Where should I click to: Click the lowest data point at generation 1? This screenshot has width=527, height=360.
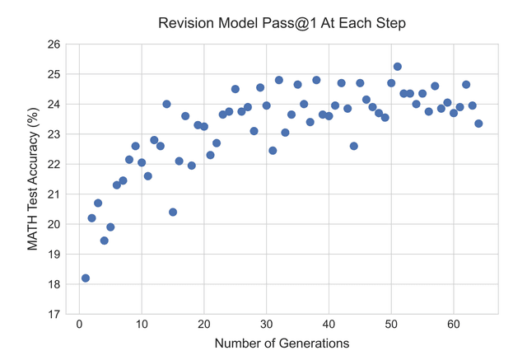coord(86,278)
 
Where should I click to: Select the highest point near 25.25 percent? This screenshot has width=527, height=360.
coord(398,67)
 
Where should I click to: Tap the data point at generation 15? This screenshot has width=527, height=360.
coord(173,212)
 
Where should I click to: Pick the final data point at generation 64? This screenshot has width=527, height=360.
coord(478,124)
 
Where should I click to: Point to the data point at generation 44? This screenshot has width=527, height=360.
coord(354,146)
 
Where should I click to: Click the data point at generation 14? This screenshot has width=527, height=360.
coord(166,104)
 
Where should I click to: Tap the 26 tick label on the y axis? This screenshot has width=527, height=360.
coord(55,44)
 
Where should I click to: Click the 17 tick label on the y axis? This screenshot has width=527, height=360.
coord(55,314)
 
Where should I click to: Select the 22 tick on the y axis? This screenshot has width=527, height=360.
coord(55,164)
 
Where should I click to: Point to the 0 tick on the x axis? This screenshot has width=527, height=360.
coord(79,324)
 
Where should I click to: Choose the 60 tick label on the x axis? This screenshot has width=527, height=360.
coord(454,324)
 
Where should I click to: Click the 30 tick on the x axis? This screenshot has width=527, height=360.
coord(266,324)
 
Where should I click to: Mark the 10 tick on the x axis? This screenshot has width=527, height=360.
coord(142,324)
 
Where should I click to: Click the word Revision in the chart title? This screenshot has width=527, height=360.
coord(184,22)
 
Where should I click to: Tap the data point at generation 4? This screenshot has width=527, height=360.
coord(105,241)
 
